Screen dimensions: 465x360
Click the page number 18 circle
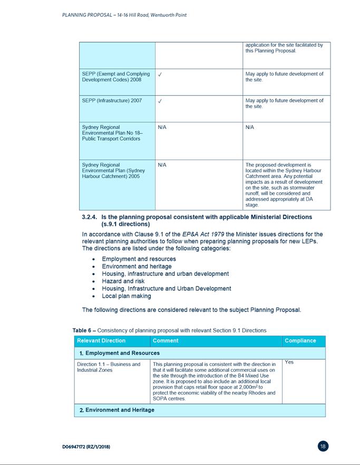pyautogui.click(x=323, y=447)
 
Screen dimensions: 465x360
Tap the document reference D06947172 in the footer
pyautogui.click(x=86, y=447)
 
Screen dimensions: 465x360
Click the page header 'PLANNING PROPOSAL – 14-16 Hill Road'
pyautogui.click(x=124, y=15)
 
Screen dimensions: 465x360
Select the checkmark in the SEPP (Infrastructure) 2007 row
pyautogui.click(x=160, y=101)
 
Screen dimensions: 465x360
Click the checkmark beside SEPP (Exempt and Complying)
pyautogui.click(x=160, y=74)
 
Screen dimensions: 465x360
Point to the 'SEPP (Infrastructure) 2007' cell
pyautogui.click(x=112, y=101)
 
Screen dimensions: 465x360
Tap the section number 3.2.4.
pyautogui.click(x=90, y=217)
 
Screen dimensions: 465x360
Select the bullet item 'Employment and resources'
pyautogui.click(x=139, y=259)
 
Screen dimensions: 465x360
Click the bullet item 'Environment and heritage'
pyautogui.click(x=137, y=266)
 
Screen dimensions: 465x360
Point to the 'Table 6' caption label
pyautogui.click(x=83, y=330)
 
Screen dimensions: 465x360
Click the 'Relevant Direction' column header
pyautogui.click(x=101, y=341)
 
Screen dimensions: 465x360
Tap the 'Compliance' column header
pyautogui.click(x=300, y=341)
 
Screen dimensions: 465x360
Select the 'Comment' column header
pyautogui.click(x=166, y=341)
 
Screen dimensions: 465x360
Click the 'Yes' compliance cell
pyautogui.click(x=289, y=362)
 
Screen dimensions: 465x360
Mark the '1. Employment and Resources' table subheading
pyautogui.click(x=119, y=353)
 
